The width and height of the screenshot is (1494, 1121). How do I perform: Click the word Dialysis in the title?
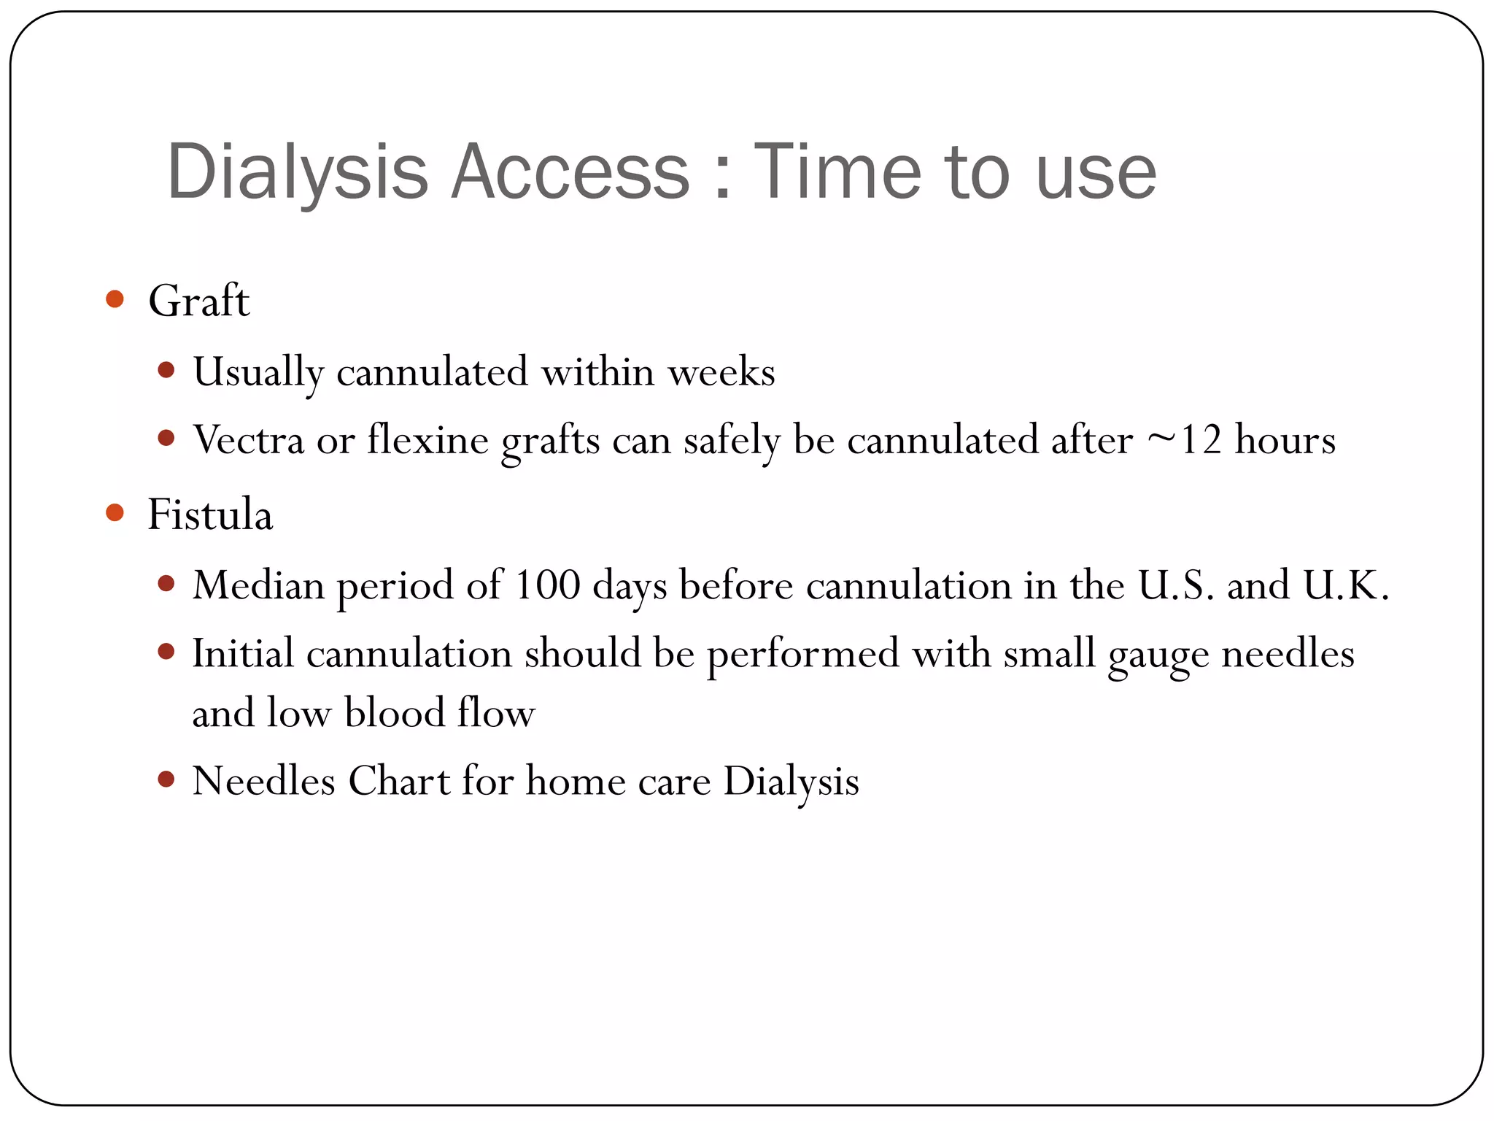click(x=297, y=172)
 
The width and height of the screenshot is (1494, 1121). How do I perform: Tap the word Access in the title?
click(x=570, y=172)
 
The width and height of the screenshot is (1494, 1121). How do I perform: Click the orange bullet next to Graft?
click(x=115, y=298)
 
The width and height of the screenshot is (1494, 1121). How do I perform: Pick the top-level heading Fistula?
click(x=210, y=514)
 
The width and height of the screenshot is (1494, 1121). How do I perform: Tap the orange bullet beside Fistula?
click(x=115, y=512)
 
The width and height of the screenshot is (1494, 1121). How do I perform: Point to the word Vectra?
click(x=248, y=440)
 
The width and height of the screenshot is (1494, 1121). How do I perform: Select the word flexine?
click(x=427, y=440)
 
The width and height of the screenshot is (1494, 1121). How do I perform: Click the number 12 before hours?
click(x=1200, y=440)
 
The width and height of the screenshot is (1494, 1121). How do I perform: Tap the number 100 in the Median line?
click(x=547, y=585)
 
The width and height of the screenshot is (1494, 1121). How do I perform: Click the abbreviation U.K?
click(x=1345, y=585)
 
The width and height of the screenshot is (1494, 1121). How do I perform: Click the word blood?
click(x=394, y=713)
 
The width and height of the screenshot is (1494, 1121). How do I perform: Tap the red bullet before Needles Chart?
click(x=166, y=779)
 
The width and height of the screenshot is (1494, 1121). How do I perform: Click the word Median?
click(x=258, y=585)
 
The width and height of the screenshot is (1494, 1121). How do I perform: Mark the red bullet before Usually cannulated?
click(x=166, y=370)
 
